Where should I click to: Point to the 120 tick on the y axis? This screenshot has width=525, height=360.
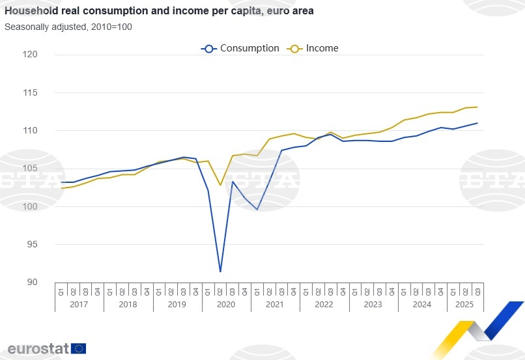pyautogui.click(x=47, y=55)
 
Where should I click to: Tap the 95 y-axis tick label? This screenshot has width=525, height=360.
pyautogui.click(x=50, y=245)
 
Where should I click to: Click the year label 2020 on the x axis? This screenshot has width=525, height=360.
pyautogui.click(x=226, y=304)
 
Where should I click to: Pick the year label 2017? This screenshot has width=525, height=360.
pyautogui.click(x=79, y=304)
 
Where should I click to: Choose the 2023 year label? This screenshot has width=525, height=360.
pyautogui.click(x=373, y=304)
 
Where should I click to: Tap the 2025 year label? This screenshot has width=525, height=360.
pyautogui.click(x=464, y=304)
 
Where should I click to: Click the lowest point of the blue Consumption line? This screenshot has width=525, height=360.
pyautogui.click(x=220, y=271)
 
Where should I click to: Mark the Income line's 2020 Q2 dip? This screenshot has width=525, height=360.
pyautogui.click(x=220, y=186)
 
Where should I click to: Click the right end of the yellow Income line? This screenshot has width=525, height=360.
pyautogui.click(x=477, y=107)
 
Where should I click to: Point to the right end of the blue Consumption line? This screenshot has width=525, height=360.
pyautogui.click(x=477, y=123)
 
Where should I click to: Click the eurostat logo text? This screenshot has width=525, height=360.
pyautogui.click(x=38, y=348)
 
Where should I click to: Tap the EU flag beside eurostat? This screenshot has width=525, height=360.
pyautogui.click(x=79, y=348)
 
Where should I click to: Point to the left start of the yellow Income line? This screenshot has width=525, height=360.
pyautogui.click(x=62, y=188)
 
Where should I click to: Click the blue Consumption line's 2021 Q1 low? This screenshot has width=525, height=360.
pyautogui.click(x=257, y=210)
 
